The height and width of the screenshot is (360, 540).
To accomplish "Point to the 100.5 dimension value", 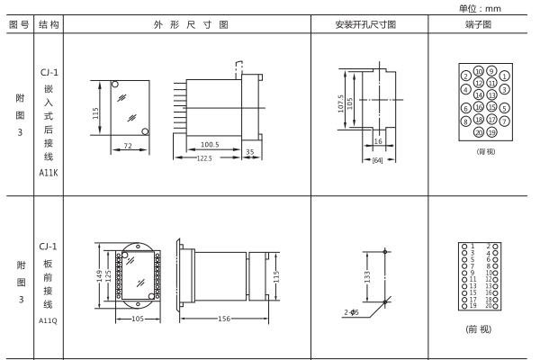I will (x=211, y=144).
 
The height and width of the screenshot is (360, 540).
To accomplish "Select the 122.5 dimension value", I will (x=211, y=159).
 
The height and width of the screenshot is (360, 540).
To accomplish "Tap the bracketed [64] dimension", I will (x=379, y=160).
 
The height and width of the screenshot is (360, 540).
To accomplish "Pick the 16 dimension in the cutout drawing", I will (x=379, y=142).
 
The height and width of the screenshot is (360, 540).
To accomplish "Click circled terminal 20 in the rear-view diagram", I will (x=479, y=131).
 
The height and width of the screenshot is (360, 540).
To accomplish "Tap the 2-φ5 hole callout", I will (x=352, y=312).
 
